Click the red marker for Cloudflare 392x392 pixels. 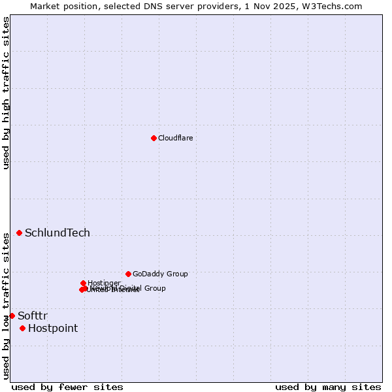(x=154, y=138)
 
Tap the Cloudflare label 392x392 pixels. (x=175, y=138)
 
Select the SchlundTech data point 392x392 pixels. (x=19, y=233)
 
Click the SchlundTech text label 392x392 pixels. (x=57, y=233)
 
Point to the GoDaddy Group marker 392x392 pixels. (x=128, y=274)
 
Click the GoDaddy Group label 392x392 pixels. (x=160, y=274)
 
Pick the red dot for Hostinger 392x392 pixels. (x=84, y=283)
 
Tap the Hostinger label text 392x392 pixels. (x=104, y=283)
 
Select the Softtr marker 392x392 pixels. (x=12, y=316)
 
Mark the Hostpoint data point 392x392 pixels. (x=22, y=328)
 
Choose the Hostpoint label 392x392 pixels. (x=53, y=329)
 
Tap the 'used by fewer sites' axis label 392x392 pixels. (x=67, y=387)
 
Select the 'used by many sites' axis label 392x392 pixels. (x=328, y=387)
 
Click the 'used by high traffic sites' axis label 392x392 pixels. (x=6, y=93)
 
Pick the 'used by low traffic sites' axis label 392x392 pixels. (x=6, y=305)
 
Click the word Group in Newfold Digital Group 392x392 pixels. (x=154, y=288)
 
